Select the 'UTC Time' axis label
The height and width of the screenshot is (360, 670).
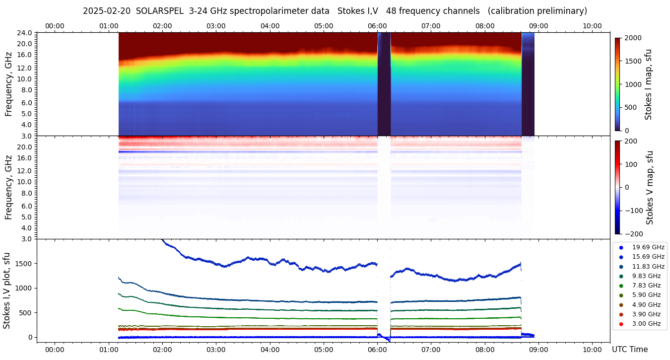(x=630, y=350)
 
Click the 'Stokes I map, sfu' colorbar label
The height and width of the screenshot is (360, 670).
(x=648, y=84)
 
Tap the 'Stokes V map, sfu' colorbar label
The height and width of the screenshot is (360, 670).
(x=650, y=188)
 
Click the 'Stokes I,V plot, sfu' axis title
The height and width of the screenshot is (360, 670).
(x=7, y=290)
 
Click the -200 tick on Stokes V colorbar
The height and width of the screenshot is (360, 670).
(x=633, y=234)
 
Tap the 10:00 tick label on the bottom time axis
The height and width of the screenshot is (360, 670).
(x=592, y=350)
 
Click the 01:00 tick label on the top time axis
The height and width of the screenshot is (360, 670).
(x=108, y=26)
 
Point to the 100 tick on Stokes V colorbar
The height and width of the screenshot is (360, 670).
(x=631, y=164)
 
